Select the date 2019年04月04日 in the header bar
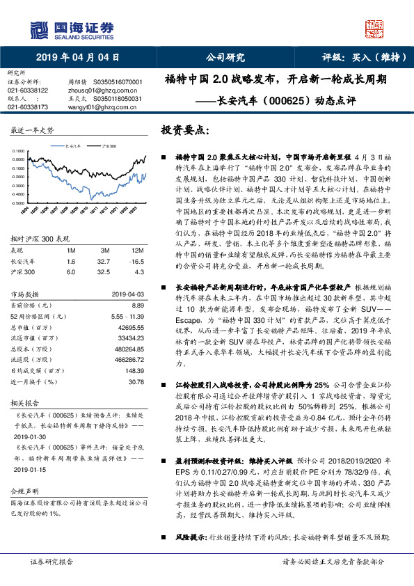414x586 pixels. [78, 58]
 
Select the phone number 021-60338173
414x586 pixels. [28, 107]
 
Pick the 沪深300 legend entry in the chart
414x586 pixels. [108, 148]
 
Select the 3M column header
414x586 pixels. [104, 250]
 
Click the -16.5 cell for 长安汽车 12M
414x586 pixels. [136, 260]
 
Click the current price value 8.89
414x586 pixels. [136, 305]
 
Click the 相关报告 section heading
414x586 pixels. [28, 403]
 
